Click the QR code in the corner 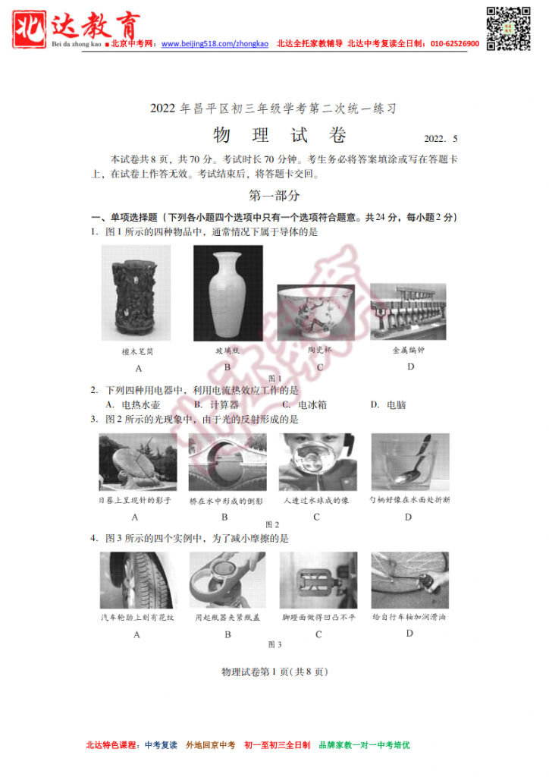pyautogui.click(x=508, y=28)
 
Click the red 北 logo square pyautogui.click(x=30, y=30)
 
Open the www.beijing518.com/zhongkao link pyautogui.click(x=215, y=43)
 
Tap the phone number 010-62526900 pyautogui.click(x=455, y=43)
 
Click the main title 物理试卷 pyautogui.click(x=280, y=135)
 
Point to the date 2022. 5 pyautogui.click(x=441, y=139)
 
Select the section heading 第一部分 pyautogui.click(x=274, y=195)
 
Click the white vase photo pyautogui.click(x=227, y=293)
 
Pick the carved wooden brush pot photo pyautogui.click(x=136, y=293)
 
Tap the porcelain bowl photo pyautogui.click(x=316, y=312)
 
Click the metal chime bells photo pyautogui.click(x=408, y=312)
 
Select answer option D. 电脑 pyautogui.click(x=388, y=405)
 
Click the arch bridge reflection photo pyautogui.click(x=227, y=462)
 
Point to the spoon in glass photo pyautogui.click(x=410, y=462)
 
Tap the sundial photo pyautogui.click(x=137, y=462)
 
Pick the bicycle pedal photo pyautogui.click(x=318, y=580)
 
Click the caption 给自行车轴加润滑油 pyautogui.click(x=409, y=617)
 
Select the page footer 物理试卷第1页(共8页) pyautogui.click(x=274, y=672)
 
